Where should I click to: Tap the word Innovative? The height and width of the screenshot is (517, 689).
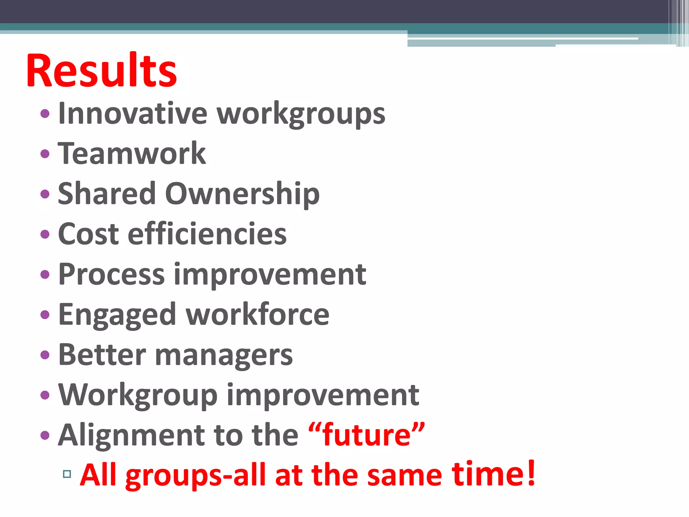click(133, 113)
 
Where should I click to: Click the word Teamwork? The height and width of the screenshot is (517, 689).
click(132, 153)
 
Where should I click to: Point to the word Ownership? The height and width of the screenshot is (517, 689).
click(242, 194)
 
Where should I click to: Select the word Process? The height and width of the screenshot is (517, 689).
click(111, 274)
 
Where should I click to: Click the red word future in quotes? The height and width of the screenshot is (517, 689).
click(366, 435)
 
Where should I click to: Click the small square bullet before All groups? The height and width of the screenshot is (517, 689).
click(67, 474)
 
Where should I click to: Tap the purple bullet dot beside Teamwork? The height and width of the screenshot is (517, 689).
click(45, 154)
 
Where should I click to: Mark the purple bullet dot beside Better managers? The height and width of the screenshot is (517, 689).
click(45, 355)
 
